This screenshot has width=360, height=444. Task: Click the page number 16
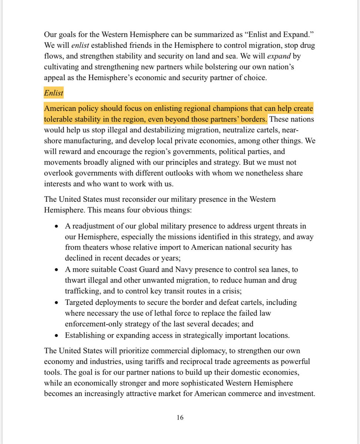coord(180,418)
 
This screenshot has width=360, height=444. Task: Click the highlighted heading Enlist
coord(54,93)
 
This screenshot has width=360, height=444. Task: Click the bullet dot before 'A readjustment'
coord(57,226)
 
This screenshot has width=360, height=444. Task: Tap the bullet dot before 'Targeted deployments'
coord(57,303)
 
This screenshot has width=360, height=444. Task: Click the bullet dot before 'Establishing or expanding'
coord(57,336)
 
